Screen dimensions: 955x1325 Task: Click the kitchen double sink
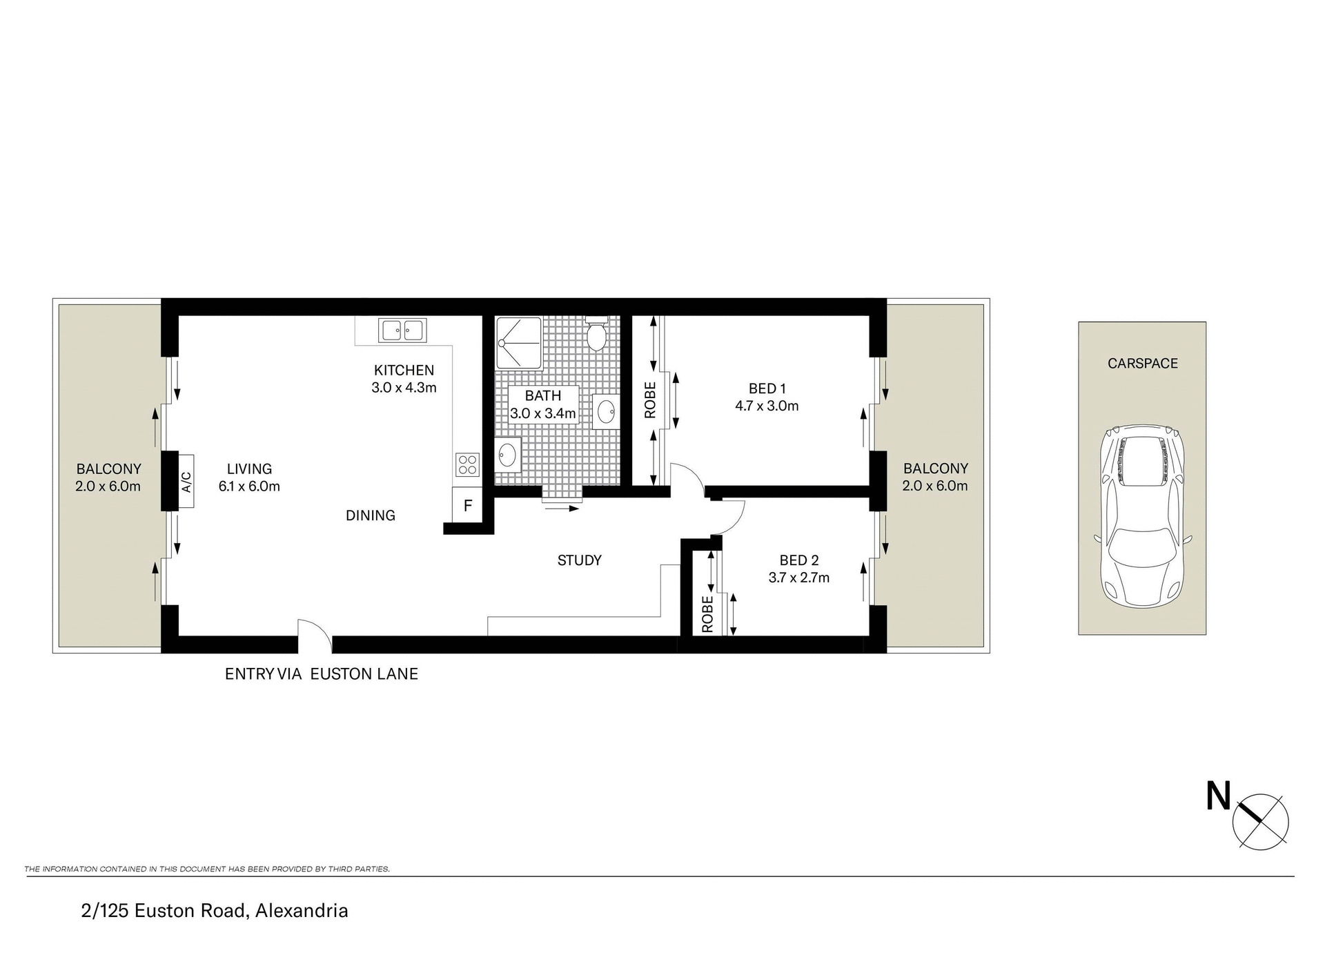(402, 331)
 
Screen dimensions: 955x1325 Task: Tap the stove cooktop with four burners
(467, 464)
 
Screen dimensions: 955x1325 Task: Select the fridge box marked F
(467, 506)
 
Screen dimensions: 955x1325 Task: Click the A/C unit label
(186, 481)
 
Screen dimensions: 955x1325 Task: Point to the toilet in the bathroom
(596, 335)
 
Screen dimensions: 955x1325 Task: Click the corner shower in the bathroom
(518, 343)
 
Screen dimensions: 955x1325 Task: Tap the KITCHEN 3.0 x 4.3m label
(404, 379)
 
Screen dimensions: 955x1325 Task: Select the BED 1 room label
(767, 388)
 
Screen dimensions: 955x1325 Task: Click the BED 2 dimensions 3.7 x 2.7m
(798, 578)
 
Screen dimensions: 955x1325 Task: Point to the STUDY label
(579, 560)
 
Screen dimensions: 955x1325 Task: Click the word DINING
(370, 515)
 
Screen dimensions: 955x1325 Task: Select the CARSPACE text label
(1142, 363)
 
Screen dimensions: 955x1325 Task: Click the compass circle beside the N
(1260, 821)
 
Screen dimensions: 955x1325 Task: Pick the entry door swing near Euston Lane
(314, 635)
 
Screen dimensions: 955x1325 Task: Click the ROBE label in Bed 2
(707, 614)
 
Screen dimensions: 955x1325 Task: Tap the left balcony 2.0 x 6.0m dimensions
(108, 486)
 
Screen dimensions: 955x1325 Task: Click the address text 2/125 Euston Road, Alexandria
(214, 911)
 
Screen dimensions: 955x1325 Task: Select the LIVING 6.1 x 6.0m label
(249, 477)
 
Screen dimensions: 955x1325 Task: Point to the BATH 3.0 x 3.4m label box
(542, 404)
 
